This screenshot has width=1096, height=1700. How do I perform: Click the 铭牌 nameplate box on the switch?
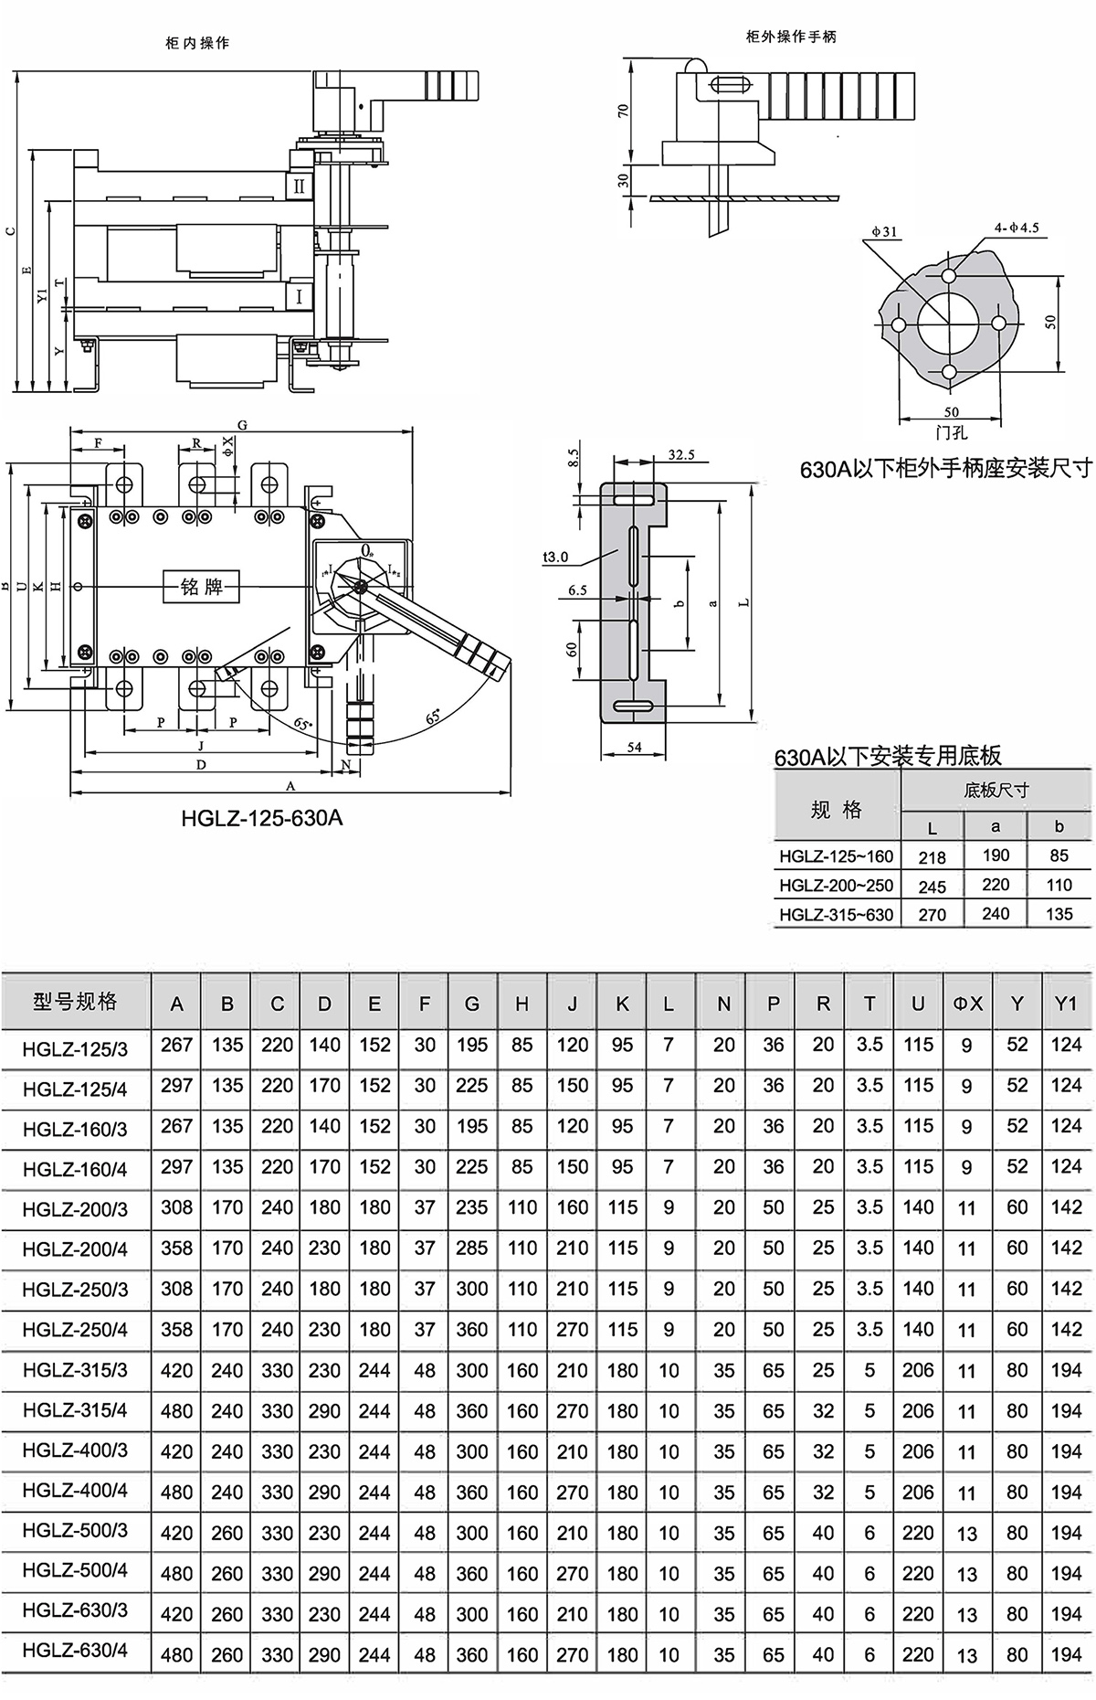[201, 586]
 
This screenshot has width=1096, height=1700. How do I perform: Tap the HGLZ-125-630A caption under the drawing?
[262, 816]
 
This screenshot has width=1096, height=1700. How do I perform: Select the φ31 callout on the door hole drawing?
[885, 232]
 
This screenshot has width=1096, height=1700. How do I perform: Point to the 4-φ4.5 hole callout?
[1017, 228]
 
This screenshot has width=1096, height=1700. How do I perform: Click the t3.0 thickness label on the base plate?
[555, 556]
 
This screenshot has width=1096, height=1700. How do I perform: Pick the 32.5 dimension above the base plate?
[680, 454]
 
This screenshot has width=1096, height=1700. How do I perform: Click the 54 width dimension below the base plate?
[634, 747]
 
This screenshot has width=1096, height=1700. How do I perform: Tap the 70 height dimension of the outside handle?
[624, 111]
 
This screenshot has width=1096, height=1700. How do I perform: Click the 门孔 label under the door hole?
[951, 432]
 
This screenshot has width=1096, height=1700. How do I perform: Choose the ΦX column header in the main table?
[968, 1004]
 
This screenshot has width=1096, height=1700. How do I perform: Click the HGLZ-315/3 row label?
[75, 1370]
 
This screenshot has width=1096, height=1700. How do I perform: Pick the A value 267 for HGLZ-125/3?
[176, 1045]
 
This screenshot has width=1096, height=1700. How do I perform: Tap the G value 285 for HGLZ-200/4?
[472, 1248]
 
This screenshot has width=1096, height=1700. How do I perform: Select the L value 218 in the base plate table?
[933, 857]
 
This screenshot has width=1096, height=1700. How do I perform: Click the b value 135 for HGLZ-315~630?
[1059, 914]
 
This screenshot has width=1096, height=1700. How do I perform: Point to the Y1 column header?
[1066, 1004]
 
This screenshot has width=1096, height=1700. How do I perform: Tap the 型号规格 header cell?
[76, 1003]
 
